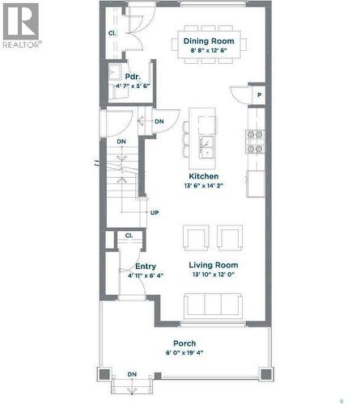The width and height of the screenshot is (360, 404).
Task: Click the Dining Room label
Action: (208, 40)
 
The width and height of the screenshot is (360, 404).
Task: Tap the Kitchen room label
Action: (203, 175)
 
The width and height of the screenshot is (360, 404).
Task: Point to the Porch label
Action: (184, 343)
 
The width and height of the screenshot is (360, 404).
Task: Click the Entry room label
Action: (146, 266)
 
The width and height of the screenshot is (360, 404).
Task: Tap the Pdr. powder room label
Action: (121, 77)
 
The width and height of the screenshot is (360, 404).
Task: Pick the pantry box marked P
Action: (259, 94)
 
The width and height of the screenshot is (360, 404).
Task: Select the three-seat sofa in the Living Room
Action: (212, 305)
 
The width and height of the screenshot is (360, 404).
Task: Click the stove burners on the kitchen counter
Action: (256, 141)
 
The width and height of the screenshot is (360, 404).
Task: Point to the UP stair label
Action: (154, 213)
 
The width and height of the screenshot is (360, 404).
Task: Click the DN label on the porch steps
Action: (131, 375)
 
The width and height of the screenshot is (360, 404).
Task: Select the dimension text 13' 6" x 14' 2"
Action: (203, 185)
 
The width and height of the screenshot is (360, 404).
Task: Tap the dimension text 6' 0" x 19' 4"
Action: (184, 353)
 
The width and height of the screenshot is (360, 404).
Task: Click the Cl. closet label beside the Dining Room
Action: (112, 33)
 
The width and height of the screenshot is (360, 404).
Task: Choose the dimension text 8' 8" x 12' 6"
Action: (208, 50)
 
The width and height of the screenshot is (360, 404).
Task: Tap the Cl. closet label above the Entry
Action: (129, 236)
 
